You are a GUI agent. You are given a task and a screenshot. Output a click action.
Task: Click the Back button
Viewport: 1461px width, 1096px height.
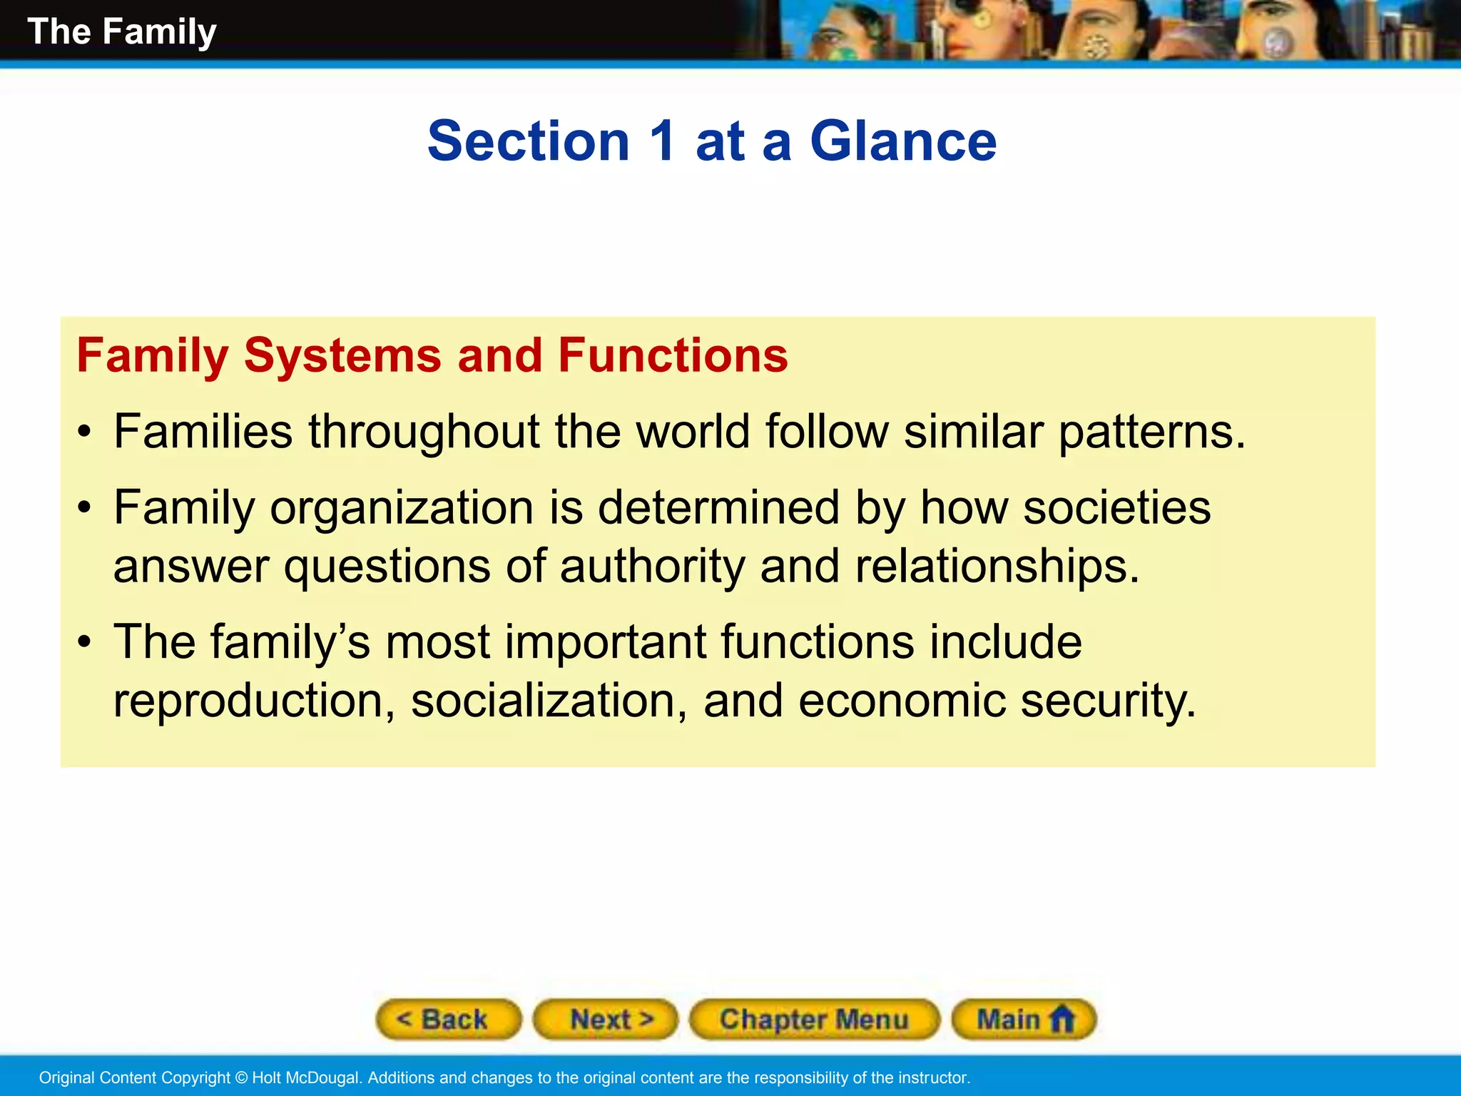point(448,1019)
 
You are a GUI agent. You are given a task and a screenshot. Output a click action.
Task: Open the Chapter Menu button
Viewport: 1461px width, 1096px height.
point(814,1019)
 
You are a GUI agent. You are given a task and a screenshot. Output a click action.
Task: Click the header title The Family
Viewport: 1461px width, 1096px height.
point(121,32)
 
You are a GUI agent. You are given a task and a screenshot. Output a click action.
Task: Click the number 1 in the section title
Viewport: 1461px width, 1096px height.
point(662,141)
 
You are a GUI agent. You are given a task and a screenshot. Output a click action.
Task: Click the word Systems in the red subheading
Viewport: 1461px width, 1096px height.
point(342,355)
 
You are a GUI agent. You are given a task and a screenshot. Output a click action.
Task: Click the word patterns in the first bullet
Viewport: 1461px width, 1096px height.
point(1151,432)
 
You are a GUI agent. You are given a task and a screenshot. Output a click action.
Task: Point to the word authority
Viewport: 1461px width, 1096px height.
point(651,567)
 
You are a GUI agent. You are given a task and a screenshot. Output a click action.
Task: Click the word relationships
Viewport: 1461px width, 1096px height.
point(997,567)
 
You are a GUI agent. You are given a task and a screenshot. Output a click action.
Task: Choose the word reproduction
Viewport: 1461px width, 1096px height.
point(254,701)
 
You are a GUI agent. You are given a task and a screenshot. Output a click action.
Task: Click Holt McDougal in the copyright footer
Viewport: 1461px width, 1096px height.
point(307,1077)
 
